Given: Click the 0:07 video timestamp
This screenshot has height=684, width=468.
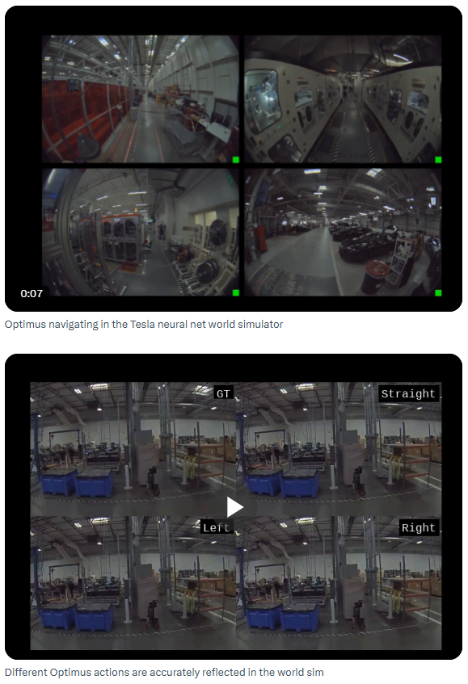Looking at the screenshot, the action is click(x=32, y=294).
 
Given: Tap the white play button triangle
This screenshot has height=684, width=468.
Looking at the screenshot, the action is click(x=234, y=507).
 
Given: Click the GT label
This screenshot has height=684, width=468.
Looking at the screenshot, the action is click(x=223, y=393).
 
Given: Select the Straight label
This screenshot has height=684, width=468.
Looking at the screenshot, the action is click(x=409, y=393).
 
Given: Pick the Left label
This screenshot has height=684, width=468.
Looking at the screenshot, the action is click(x=217, y=527).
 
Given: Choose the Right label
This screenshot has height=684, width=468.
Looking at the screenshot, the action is click(x=418, y=527).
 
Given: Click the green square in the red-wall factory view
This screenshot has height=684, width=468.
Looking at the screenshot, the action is click(x=236, y=160).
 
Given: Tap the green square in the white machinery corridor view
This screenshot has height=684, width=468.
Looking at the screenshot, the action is click(x=438, y=160).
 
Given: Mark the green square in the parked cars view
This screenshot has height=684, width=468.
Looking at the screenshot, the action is click(x=438, y=292).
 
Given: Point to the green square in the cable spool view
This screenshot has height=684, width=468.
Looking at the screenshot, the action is click(x=236, y=292).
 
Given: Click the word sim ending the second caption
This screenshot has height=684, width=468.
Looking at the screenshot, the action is click(x=316, y=672).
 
